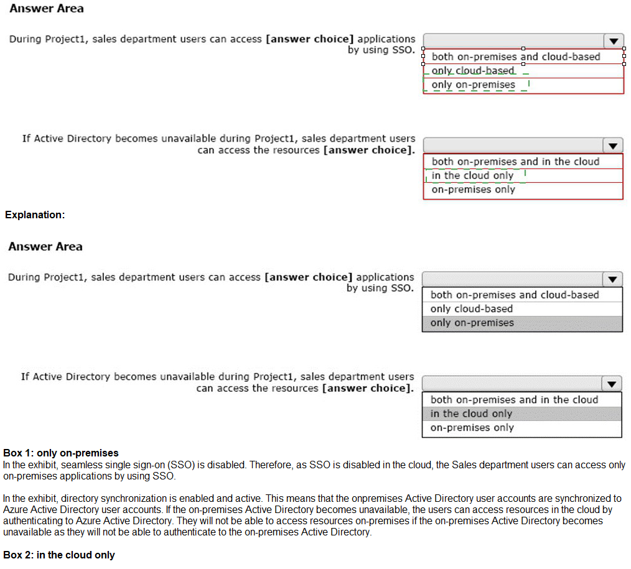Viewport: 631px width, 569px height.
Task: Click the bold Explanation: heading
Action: pos(35,215)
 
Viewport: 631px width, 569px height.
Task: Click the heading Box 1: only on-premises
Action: pos(61,453)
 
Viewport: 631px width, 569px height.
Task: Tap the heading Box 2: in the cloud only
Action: pos(59,555)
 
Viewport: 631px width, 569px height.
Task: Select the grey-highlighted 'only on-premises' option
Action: pos(472,323)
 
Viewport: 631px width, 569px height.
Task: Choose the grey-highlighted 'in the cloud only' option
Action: pos(471,414)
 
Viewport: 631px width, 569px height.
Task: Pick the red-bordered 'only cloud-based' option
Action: pos(474,71)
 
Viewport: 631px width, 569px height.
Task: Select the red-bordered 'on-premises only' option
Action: pos(473,190)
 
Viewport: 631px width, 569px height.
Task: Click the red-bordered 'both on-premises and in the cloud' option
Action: pos(515,162)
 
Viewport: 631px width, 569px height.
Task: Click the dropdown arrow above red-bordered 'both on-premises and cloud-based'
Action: pos(614,42)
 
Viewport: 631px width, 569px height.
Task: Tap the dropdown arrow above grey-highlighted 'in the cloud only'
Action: pos(612,383)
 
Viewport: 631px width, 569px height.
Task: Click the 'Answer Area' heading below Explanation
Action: pos(45,246)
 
